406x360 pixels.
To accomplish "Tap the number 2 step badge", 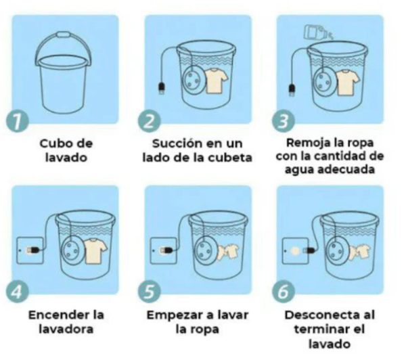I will (150, 122).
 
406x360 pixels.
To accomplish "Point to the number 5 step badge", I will (150, 292).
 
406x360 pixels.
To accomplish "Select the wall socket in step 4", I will (29, 249).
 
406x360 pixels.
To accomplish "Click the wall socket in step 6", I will (294, 249).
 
